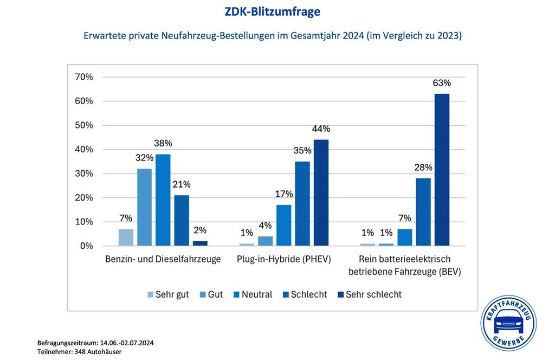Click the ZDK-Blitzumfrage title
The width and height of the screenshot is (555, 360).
(272, 11)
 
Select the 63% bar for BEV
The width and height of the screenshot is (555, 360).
(442, 170)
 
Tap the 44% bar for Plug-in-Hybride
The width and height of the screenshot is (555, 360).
(320, 192)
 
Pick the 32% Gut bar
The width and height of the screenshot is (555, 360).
(144, 207)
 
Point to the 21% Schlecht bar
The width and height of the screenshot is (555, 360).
(181, 221)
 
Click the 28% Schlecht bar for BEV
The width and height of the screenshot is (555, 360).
(423, 212)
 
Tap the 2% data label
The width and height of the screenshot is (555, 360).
(199, 230)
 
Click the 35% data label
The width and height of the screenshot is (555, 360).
(302, 151)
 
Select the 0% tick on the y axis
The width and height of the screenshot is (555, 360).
(86, 246)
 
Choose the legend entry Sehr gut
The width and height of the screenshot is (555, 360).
(167, 294)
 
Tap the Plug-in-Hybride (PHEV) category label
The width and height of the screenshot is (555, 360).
(283, 259)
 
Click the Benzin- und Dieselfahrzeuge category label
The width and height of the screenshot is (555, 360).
(163, 259)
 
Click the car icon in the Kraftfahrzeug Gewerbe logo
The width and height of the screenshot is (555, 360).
(508, 324)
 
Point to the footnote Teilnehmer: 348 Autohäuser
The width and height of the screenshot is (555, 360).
(79, 352)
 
